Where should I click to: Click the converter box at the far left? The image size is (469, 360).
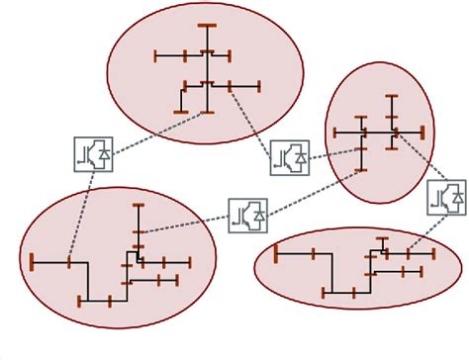(93, 153)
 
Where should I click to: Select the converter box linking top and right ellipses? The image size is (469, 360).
(289, 156)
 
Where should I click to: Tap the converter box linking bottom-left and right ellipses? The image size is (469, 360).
(247, 216)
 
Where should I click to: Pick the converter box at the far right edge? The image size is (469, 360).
(446, 197)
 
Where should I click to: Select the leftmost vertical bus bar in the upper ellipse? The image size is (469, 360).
(156, 55)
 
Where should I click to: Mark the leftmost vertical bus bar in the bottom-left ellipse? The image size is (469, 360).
(33, 262)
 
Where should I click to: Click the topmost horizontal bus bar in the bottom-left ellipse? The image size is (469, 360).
(139, 204)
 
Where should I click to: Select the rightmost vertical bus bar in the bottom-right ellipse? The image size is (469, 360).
(432, 253)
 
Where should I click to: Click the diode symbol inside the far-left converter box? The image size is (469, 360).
(103, 153)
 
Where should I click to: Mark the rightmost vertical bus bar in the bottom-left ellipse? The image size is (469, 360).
(189, 262)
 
